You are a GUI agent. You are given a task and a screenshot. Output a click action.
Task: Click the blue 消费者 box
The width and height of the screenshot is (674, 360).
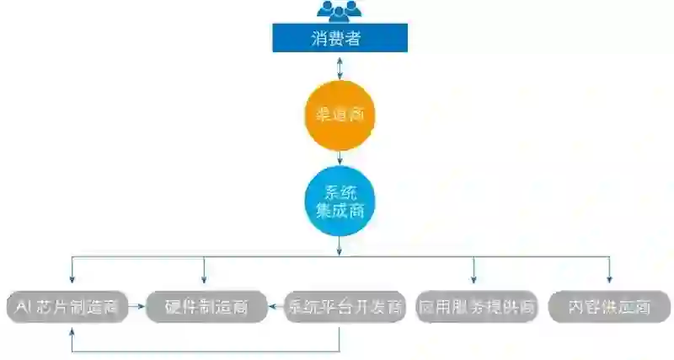[x=339, y=38]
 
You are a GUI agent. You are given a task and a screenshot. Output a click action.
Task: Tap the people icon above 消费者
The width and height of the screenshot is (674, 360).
[x=339, y=11]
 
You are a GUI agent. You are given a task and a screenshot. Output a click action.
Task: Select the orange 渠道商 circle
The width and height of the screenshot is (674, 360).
[x=339, y=114]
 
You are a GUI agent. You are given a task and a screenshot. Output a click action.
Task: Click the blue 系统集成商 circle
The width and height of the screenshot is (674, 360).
[x=339, y=199]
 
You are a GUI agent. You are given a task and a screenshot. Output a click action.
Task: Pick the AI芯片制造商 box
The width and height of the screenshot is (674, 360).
[x=67, y=307]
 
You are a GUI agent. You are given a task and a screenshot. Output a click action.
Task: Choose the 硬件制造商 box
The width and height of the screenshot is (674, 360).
[x=206, y=307]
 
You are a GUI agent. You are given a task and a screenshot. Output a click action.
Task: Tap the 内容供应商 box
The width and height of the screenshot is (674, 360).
[x=609, y=307]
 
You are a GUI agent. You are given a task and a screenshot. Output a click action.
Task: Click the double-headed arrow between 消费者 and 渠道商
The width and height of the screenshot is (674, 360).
[x=339, y=66]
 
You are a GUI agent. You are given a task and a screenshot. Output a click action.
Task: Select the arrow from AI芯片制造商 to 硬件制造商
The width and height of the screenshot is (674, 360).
[x=137, y=307]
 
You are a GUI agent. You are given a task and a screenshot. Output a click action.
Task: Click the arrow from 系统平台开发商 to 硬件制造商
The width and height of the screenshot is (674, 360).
[x=275, y=307]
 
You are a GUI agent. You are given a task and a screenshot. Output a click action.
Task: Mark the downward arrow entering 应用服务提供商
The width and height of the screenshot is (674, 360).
[x=473, y=271]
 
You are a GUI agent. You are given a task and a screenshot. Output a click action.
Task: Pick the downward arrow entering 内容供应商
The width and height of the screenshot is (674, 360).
[x=609, y=271]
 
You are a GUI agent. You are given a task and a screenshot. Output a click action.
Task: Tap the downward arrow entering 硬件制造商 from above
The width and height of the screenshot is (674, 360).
[x=204, y=271]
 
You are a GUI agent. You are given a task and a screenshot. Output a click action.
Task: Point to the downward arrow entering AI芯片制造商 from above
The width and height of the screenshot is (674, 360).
[x=72, y=271]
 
